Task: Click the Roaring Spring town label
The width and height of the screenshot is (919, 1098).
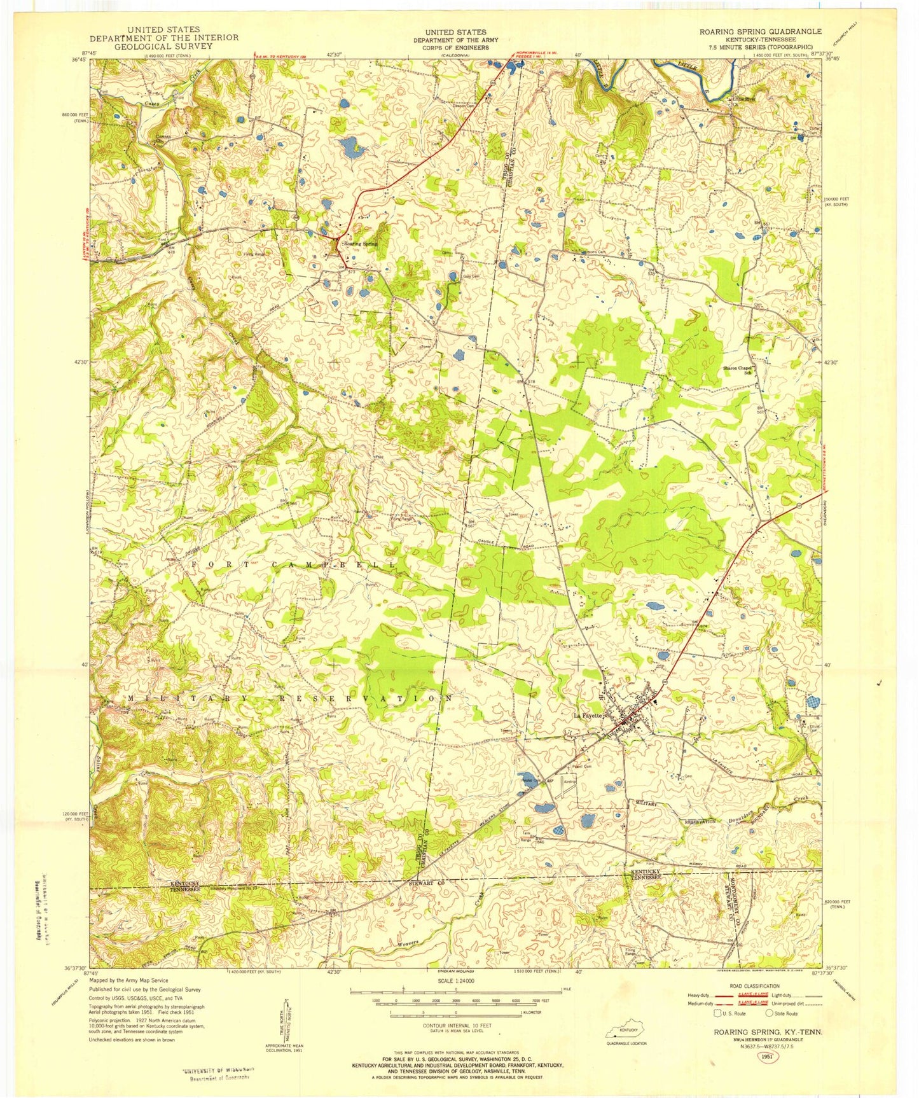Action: [361, 244]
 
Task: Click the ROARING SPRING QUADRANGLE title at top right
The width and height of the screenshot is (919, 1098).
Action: [760, 31]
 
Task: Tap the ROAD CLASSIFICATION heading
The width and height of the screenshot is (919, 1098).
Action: [756, 986]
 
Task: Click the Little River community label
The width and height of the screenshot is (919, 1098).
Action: [743, 99]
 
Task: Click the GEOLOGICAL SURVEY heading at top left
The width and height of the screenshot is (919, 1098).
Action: [163, 46]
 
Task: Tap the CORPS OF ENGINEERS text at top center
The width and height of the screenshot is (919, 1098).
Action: [456, 48]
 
